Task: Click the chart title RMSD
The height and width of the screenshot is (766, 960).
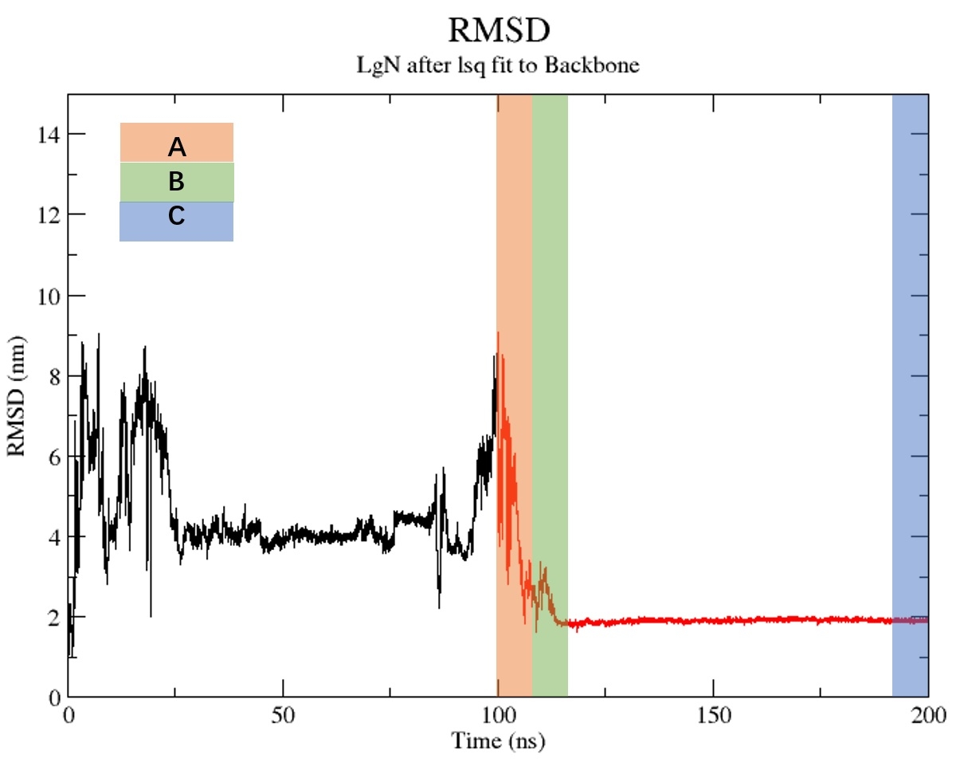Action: click(x=498, y=31)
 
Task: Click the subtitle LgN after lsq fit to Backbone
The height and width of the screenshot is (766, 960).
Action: click(x=498, y=65)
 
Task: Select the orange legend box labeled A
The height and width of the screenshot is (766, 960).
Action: click(x=176, y=143)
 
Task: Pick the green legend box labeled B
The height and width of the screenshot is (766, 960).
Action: click(x=176, y=182)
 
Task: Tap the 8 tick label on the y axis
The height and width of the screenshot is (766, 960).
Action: click(x=54, y=376)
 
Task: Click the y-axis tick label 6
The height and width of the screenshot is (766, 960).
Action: click(x=54, y=457)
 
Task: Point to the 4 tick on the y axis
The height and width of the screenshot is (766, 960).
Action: click(x=54, y=537)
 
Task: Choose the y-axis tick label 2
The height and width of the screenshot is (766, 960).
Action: click(x=54, y=618)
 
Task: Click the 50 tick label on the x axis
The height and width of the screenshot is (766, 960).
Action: click(x=283, y=715)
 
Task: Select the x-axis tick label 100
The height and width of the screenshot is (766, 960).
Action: click(x=498, y=715)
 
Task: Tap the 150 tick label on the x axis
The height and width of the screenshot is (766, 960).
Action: click(x=713, y=715)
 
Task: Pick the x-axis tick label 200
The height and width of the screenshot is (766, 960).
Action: click(x=928, y=715)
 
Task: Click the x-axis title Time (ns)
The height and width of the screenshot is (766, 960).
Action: click(x=498, y=742)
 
